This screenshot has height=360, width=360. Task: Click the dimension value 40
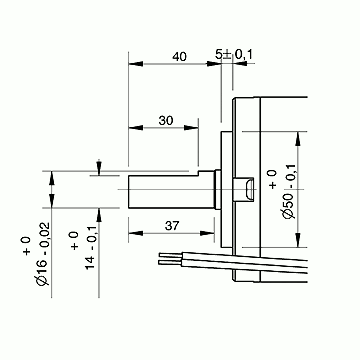(179, 57)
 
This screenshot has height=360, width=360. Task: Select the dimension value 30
(166, 121)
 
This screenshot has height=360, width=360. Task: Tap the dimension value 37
(172, 226)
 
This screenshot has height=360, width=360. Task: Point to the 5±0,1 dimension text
(234, 54)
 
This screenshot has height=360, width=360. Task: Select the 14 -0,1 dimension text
(91, 247)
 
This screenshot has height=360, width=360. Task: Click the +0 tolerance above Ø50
(273, 179)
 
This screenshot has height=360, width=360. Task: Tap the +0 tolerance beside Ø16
(27, 246)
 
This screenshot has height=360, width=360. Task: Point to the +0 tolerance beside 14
(75, 241)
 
